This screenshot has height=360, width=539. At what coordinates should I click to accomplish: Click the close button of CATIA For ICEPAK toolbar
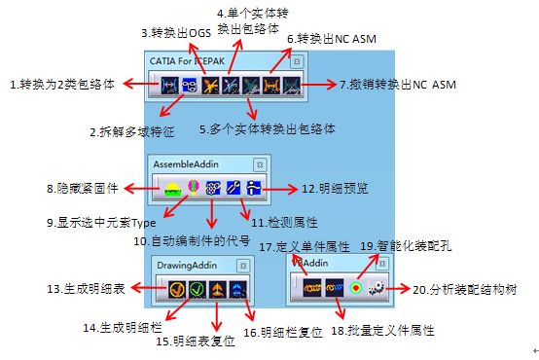tap(297, 60)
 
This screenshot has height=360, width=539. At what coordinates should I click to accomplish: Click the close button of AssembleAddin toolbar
tap(259, 163)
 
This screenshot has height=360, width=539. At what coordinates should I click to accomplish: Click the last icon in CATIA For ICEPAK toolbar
tap(290, 86)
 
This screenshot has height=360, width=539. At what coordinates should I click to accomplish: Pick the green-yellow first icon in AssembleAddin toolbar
tap(171, 188)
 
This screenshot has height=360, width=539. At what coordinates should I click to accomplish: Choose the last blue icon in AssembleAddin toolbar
tap(253, 188)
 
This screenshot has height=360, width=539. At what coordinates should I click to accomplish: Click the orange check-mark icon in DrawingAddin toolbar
tap(175, 289)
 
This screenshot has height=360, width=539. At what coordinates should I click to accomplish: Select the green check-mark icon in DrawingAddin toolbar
tap(198, 289)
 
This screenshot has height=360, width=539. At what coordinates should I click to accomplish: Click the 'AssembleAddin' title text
tap(189, 163)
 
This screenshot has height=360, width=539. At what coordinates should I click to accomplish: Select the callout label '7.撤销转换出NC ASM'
tap(399, 86)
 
